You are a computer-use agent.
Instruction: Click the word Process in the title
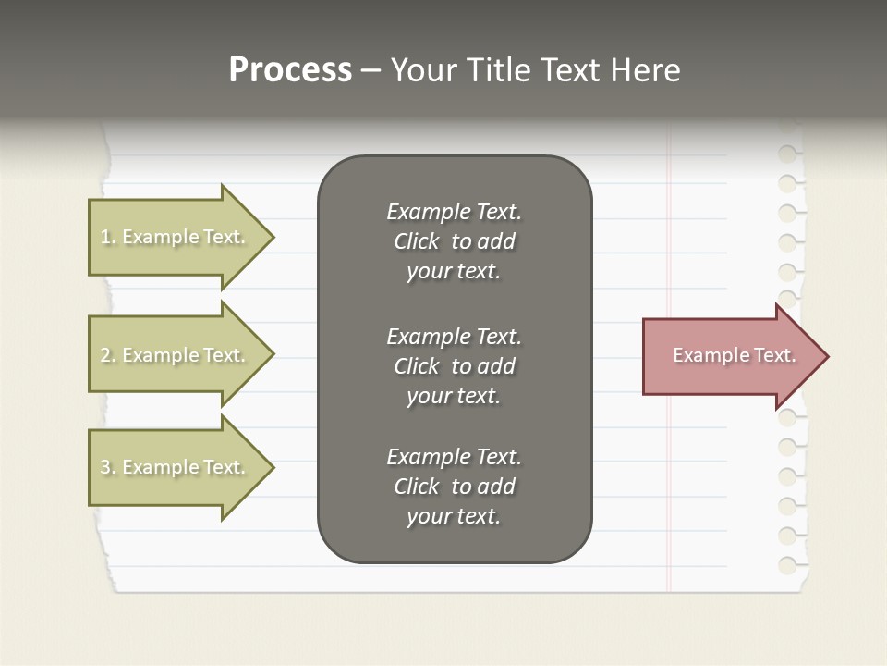click(x=290, y=70)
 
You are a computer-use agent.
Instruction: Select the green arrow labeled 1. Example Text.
click(x=176, y=237)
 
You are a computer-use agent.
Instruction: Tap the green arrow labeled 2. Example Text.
click(x=176, y=355)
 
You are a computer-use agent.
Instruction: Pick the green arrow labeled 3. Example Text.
click(x=176, y=467)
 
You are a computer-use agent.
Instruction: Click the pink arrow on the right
click(x=730, y=356)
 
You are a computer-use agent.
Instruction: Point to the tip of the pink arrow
click(x=826, y=356)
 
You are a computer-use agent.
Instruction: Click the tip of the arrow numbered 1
click(x=273, y=237)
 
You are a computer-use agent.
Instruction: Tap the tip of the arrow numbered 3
click(x=273, y=467)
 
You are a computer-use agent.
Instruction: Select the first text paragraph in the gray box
click(x=454, y=241)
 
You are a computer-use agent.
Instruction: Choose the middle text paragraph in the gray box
click(x=454, y=366)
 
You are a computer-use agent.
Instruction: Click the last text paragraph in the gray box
click(x=454, y=487)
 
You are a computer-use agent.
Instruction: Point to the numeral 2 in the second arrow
click(x=105, y=355)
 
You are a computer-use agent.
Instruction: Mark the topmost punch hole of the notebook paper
click(x=787, y=153)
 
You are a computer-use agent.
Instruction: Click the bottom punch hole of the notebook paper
click(x=787, y=564)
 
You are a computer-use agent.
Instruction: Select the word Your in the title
click(x=421, y=70)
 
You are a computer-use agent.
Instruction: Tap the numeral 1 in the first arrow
click(x=105, y=237)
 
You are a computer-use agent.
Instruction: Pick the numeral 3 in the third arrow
click(x=105, y=467)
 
